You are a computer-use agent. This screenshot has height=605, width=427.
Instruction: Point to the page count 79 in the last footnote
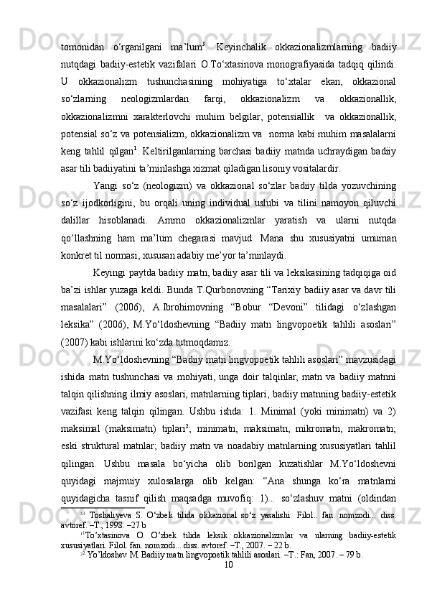point(349,573)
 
